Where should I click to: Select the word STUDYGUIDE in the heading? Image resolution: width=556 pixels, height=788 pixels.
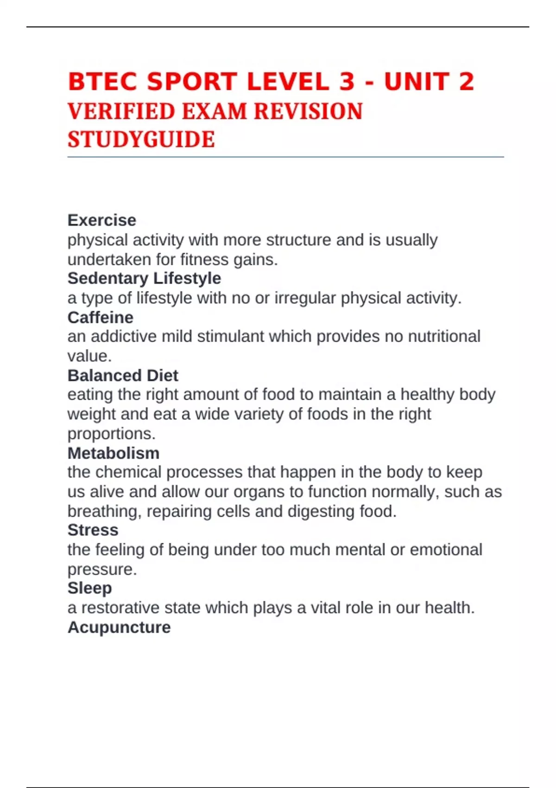click(141, 140)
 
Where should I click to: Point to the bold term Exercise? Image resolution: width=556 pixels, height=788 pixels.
click(102, 220)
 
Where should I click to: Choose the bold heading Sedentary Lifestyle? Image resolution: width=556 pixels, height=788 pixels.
click(144, 278)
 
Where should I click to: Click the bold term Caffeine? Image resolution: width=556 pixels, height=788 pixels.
click(100, 318)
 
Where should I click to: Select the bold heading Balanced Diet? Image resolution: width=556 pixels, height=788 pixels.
click(123, 375)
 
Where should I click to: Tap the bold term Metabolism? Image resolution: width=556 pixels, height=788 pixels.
click(114, 453)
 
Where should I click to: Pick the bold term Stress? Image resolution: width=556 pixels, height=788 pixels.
click(93, 530)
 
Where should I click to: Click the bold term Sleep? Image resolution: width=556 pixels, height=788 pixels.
click(89, 588)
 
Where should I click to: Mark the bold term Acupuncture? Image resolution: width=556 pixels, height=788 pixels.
click(119, 627)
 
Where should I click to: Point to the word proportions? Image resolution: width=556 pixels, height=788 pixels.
click(111, 434)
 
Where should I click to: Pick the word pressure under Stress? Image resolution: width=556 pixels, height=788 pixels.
click(102, 569)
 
